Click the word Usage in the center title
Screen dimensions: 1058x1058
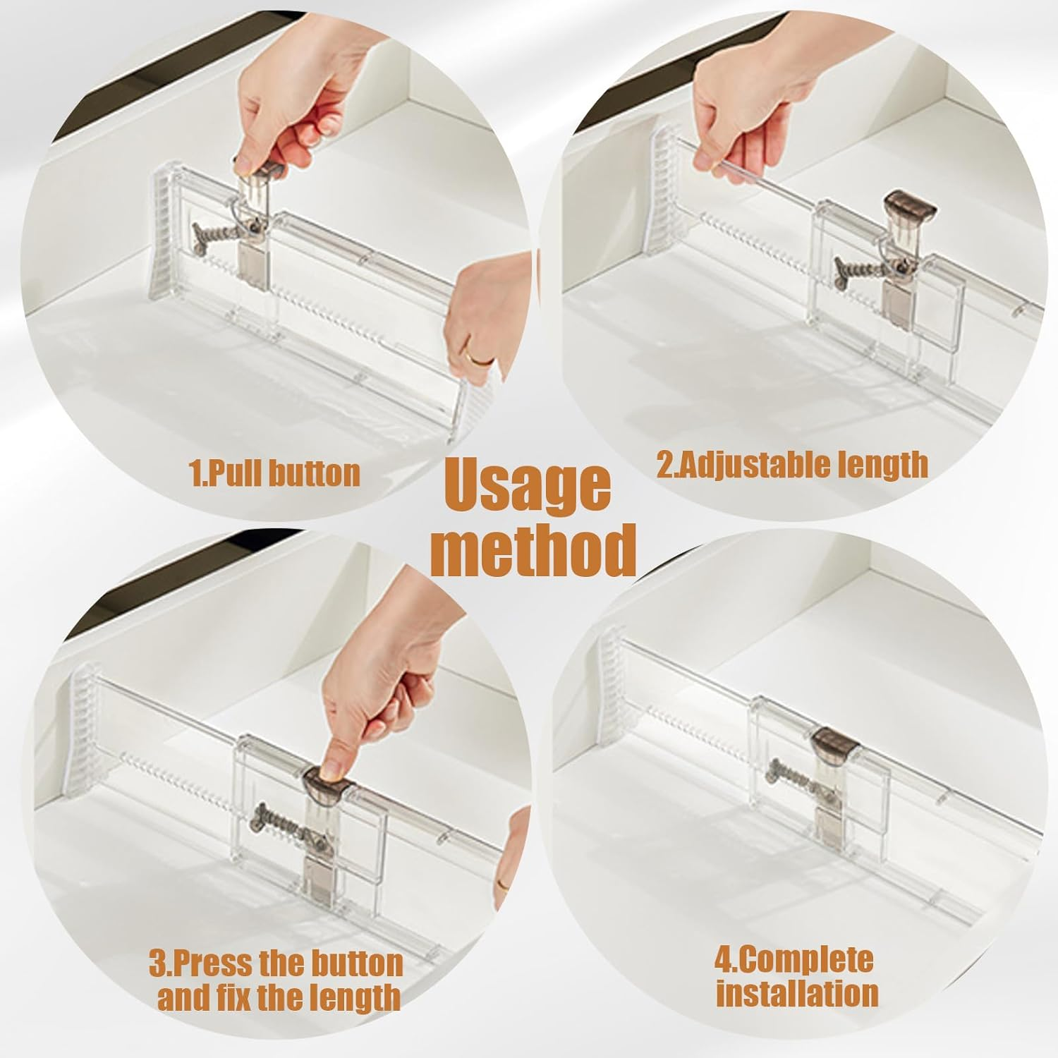(528, 487)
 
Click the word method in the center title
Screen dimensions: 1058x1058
(533, 550)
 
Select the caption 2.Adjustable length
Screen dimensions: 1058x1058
(792, 466)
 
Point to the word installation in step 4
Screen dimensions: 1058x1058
(797, 993)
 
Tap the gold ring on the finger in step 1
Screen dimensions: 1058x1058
(482, 360)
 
